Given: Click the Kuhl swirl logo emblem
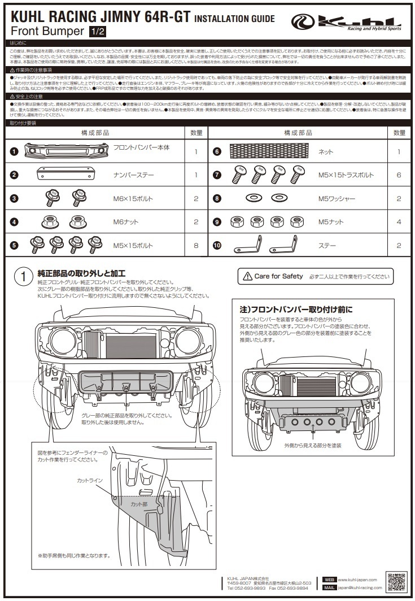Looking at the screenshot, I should [x=303, y=23].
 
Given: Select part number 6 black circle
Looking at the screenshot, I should [x=217, y=152].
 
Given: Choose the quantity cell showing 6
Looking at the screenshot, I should [x=399, y=175].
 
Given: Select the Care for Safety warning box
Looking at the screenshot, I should [x=316, y=276].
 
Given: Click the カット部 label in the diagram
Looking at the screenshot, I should [x=139, y=503].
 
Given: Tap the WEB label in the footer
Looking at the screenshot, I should [x=329, y=580].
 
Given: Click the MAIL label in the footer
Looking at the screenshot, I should [x=329, y=588].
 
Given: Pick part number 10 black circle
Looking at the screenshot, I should [x=217, y=246].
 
